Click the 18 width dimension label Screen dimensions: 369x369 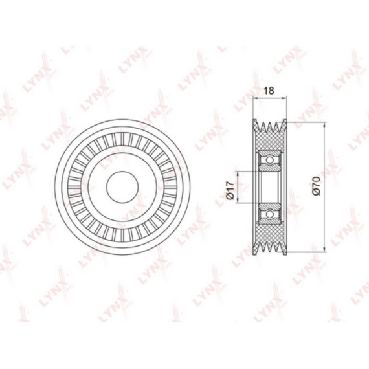(x=269, y=91)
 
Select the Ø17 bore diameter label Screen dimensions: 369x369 (x=230, y=190)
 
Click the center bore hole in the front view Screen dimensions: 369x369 (x=122, y=187)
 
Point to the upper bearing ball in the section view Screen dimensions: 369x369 (x=270, y=160)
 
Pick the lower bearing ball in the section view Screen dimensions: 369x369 (x=270, y=214)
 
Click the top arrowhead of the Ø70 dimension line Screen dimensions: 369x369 (x=324, y=125)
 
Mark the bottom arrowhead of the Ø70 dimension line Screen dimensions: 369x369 (x=324, y=250)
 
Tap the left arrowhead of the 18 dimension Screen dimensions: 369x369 (x=255, y=96)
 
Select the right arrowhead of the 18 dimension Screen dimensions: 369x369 (x=284, y=96)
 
